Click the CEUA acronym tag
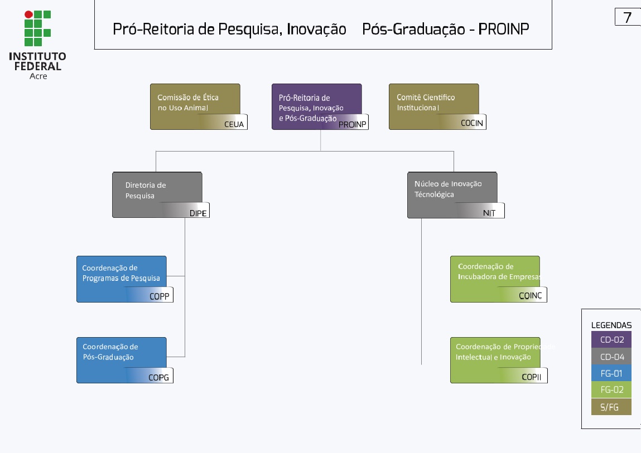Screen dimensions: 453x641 (234, 124)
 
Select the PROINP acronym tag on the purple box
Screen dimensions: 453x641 (353, 124)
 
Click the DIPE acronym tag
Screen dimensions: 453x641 (198, 213)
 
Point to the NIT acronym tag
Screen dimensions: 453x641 (489, 213)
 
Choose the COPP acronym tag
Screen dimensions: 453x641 (159, 296)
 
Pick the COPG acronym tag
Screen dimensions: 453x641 (158, 378)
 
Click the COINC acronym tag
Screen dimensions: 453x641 (531, 296)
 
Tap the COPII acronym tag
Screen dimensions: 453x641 (532, 377)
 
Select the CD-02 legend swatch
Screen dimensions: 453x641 (611, 339)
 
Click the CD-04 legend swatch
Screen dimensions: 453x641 (611, 357)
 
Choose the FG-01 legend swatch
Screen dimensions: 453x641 (611, 373)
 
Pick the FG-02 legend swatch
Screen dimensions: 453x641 (611, 390)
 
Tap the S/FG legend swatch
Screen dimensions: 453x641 (611, 407)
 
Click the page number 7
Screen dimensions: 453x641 (628, 17)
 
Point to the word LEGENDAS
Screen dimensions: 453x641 (611, 325)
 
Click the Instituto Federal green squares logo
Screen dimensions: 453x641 (37, 28)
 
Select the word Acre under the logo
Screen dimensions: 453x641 (38, 76)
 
